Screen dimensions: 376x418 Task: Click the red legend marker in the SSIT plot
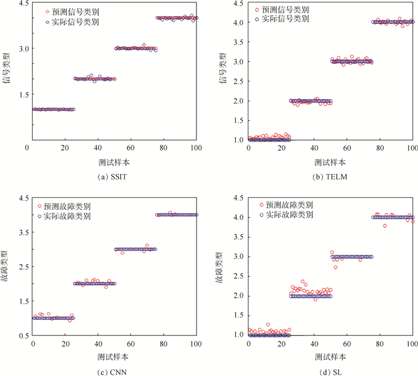pyautogui.click(x=48, y=11)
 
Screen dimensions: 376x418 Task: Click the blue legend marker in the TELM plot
pyautogui.click(x=257, y=19)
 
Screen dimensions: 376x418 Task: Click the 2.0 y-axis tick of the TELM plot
pyautogui.click(x=238, y=101)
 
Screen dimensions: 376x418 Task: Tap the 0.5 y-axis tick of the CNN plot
pyautogui.click(x=20, y=335)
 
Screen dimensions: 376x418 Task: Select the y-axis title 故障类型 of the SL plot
pyautogui.click(x=223, y=267)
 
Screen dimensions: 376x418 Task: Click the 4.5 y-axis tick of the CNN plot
pyautogui.click(x=20, y=198)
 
